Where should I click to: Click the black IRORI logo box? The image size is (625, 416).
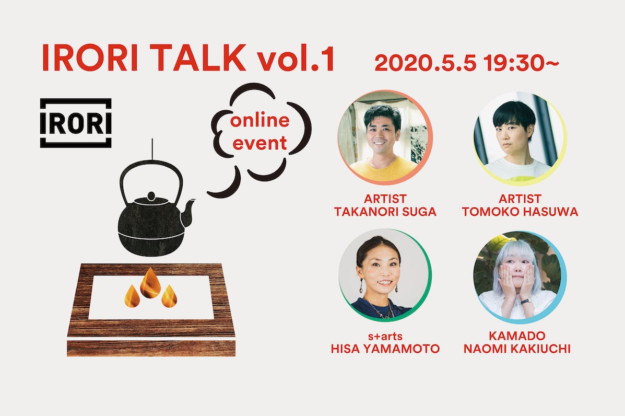pyautogui.click(x=76, y=123)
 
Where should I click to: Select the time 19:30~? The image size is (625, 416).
pyautogui.click(x=521, y=63)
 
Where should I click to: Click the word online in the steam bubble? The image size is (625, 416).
pyautogui.click(x=260, y=120)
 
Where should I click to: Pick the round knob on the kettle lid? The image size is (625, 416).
pyautogui.click(x=151, y=196)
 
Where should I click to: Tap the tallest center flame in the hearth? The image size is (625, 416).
pyautogui.click(x=151, y=282)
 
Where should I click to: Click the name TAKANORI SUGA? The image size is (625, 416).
pyautogui.click(x=385, y=212)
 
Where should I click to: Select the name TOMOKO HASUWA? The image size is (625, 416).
pyautogui.click(x=520, y=212)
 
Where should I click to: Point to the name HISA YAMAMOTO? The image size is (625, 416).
pyautogui.click(x=385, y=349)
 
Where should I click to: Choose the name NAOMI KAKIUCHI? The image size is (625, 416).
pyautogui.click(x=517, y=349)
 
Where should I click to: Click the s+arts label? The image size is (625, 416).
pyautogui.click(x=385, y=336)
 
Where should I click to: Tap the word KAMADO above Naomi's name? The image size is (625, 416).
pyautogui.click(x=517, y=336)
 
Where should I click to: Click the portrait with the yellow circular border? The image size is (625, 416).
pyautogui.click(x=520, y=137)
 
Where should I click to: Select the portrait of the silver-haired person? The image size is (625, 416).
pyautogui.click(x=520, y=277)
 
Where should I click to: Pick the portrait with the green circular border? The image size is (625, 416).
pyautogui.click(x=385, y=275)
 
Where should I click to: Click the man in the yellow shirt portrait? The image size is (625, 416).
pyautogui.click(x=385, y=137)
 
